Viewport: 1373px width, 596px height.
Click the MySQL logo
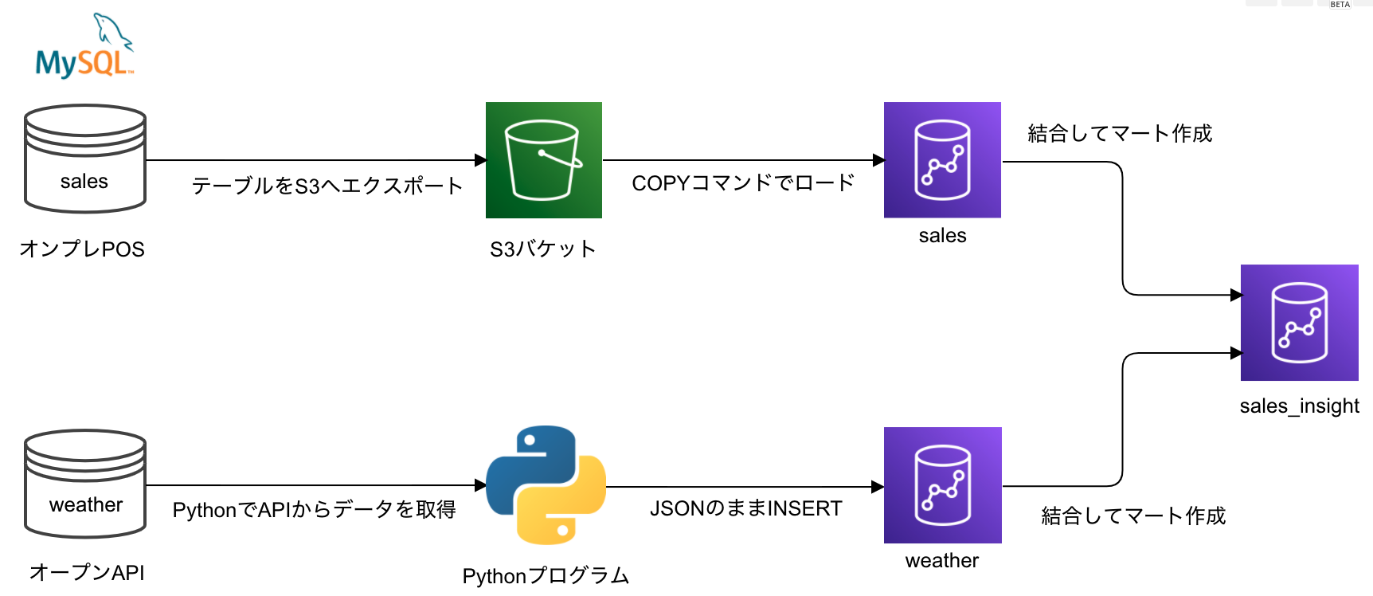click(x=84, y=48)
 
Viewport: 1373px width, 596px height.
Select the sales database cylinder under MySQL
click(x=85, y=159)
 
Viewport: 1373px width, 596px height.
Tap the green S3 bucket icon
click(x=544, y=160)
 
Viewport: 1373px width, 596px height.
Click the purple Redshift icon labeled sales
click(x=942, y=160)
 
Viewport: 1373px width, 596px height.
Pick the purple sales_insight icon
click(x=1299, y=323)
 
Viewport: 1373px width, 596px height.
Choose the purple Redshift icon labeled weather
click(x=942, y=485)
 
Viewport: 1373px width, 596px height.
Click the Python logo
click(x=546, y=484)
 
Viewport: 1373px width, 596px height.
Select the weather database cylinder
click(x=85, y=484)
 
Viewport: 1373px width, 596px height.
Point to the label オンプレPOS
click(x=82, y=249)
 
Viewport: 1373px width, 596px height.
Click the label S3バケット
click(x=543, y=249)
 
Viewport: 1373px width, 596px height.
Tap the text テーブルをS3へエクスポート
click(x=327, y=186)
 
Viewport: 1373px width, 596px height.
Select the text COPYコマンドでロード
click(x=743, y=183)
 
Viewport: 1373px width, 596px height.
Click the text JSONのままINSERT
click(x=745, y=508)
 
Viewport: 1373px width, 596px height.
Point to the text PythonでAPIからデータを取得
click(x=314, y=510)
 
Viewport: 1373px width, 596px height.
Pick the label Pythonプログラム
click(x=546, y=576)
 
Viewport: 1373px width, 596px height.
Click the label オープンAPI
click(x=87, y=573)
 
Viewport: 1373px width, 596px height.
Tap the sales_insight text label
click(x=1299, y=406)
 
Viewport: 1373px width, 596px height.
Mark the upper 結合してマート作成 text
click(x=1120, y=133)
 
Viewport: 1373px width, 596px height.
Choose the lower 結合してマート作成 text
click(x=1133, y=516)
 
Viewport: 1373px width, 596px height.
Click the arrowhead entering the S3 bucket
click(x=480, y=160)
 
